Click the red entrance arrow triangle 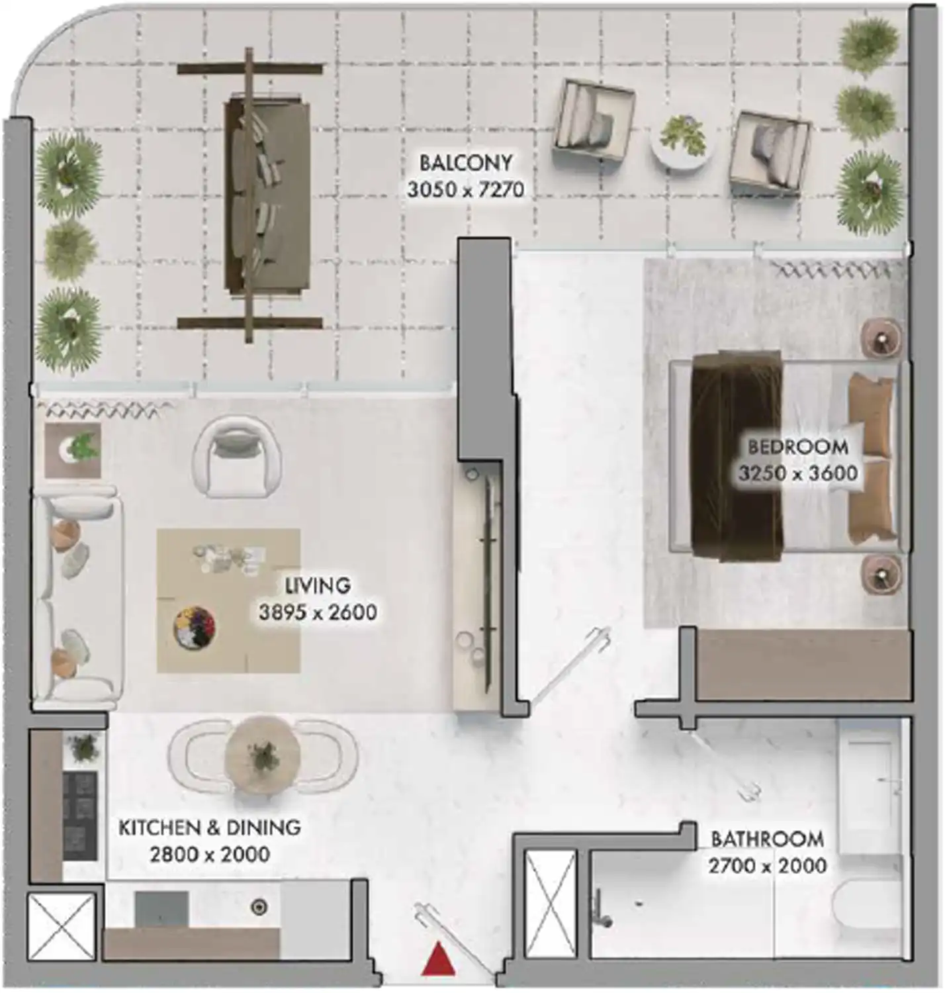pyautogui.click(x=438, y=960)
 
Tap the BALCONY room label pyautogui.click(x=466, y=163)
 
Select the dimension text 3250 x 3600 pyautogui.click(x=798, y=473)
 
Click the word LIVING pyautogui.click(x=318, y=586)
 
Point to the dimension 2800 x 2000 pyautogui.click(x=210, y=854)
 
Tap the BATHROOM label pyautogui.click(x=767, y=839)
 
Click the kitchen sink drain pyautogui.click(x=259, y=906)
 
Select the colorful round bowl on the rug pyautogui.click(x=195, y=628)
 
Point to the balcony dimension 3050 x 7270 pyautogui.click(x=466, y=190)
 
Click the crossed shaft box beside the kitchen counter pyautogui.click(x=61, y=927)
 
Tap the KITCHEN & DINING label pyautogui.click(x=210, y=827)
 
